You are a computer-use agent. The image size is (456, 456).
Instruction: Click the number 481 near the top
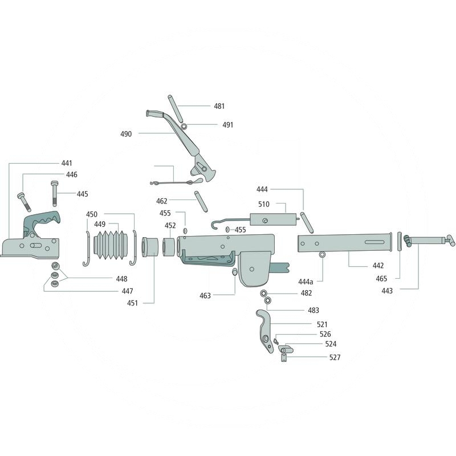click(219, 106)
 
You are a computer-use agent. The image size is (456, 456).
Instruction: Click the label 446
click(71, 175)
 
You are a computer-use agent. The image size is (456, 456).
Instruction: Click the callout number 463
click(205, 296)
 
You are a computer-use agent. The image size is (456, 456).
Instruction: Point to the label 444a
click(306, 282)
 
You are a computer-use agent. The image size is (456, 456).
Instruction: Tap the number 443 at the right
click(386, 290)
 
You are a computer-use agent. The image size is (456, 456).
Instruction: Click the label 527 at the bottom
click(335, 357)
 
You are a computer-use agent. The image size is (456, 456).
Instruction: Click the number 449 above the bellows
click(100, 224)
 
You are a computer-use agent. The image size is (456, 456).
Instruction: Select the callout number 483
click(313, 311)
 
